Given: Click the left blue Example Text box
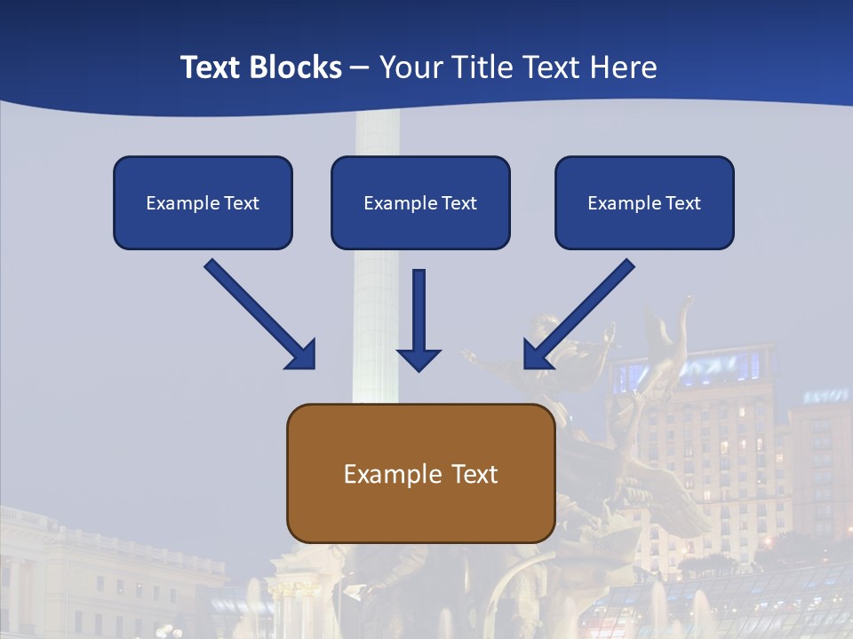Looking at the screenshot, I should click(x=203, y=202).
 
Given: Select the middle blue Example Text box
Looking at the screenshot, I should click(x=420, y=202).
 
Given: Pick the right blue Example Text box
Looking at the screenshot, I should click(x=644, y=202).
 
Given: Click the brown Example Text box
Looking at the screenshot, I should click(x=421, y=473).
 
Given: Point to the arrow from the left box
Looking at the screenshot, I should click(x=258, y=312).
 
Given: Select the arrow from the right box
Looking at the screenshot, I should click(x=581, y=312).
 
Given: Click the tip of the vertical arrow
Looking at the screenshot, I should click(x=419, y=368).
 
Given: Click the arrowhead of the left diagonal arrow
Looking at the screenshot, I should click(x=304, y=357).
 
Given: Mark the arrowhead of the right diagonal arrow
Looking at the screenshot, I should click(x=535, y=357).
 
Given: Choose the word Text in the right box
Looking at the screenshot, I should click(x=683, y=203).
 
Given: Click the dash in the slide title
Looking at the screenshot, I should click(x=360, y=67).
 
